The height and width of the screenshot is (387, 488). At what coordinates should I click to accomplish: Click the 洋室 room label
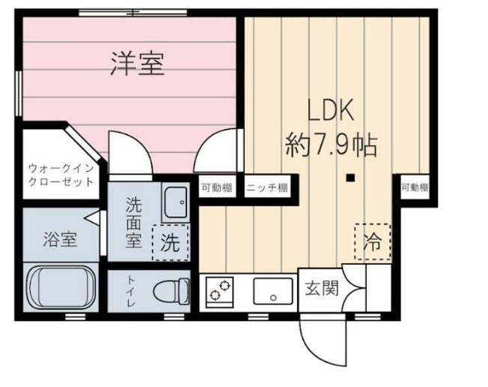137,64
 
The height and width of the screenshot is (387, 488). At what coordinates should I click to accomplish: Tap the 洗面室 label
132,222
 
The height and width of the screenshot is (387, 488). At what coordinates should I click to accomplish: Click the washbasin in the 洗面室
177,200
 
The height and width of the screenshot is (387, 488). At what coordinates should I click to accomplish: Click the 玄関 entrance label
320,286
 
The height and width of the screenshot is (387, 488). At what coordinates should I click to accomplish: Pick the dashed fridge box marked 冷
372,241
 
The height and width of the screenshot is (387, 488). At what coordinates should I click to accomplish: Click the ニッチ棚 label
267,187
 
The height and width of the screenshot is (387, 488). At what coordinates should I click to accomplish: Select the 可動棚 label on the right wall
414,187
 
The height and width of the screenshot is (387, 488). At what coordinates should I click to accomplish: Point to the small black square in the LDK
350,178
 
